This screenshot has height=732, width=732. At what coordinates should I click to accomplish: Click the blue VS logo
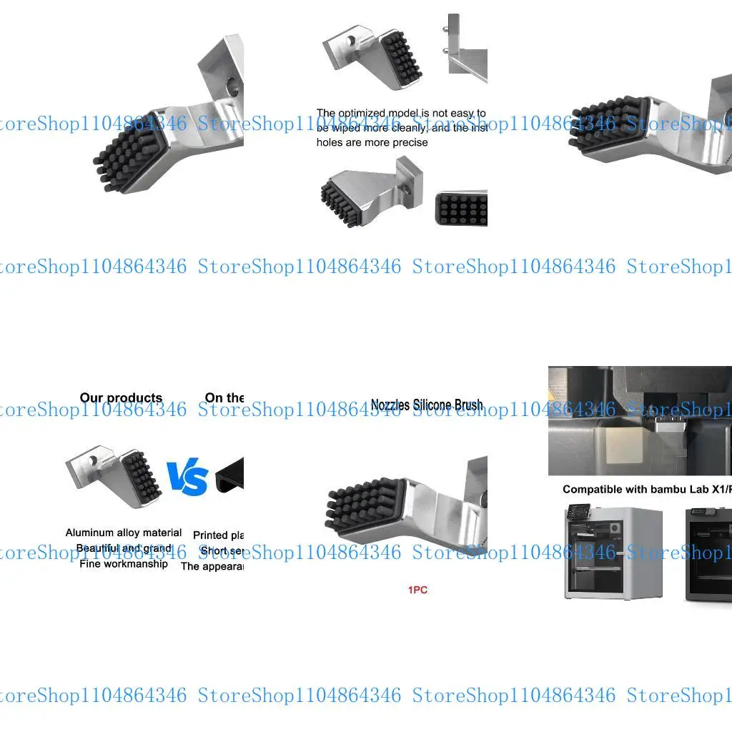(x=187, y=478)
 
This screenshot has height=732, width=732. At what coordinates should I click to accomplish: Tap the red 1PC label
(x=417, y=590)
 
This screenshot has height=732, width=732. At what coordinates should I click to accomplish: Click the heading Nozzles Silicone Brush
(x=427, y=405)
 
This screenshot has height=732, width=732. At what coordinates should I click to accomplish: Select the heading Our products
(x=121, y=398)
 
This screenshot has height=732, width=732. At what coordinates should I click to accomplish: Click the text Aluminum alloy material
(x=124, y=533)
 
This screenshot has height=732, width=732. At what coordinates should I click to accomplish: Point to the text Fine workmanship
(x=124, y=564)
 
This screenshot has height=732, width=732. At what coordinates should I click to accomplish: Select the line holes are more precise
(x=372, y=142)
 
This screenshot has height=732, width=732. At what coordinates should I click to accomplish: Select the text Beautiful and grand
(x=124, y=548)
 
